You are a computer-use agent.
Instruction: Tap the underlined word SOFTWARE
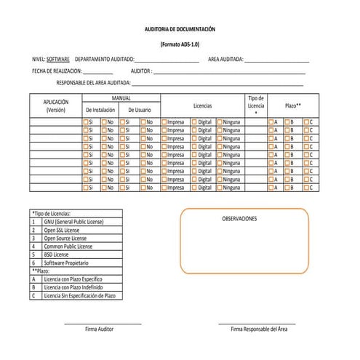[x=58, y=58]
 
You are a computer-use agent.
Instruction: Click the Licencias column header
[x=202, y=105]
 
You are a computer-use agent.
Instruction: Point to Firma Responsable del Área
[x=259, y=329]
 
